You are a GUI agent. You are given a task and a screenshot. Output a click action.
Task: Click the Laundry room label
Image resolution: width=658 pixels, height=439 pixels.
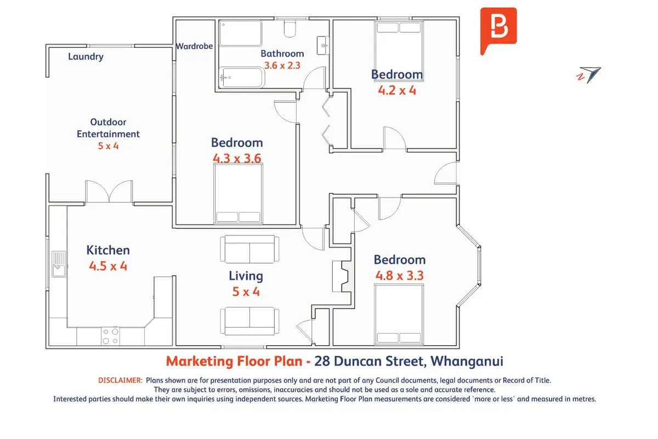click(86, 57)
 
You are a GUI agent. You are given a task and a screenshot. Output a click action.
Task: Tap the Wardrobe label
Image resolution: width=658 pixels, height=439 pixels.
click(194, 46)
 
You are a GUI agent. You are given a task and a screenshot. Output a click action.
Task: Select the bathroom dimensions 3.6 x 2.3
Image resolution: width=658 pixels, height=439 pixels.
click(282, 65)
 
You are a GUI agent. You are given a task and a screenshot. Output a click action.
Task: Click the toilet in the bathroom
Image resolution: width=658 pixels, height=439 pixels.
click(290, 29)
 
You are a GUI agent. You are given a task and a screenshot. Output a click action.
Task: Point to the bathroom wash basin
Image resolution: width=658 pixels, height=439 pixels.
click(322, 46)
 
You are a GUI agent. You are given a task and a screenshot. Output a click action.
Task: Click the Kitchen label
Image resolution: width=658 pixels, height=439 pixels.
click(108, 250)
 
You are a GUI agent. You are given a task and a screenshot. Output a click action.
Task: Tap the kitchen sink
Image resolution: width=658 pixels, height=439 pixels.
click(59, 264)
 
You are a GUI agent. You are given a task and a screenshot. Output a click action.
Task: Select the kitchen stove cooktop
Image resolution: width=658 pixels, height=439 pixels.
click(110, 336)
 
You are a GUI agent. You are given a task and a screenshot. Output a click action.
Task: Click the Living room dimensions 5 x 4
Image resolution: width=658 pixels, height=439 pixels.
click(246, 292)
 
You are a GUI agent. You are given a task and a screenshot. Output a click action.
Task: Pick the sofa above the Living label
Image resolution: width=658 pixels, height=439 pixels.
click(249, 249)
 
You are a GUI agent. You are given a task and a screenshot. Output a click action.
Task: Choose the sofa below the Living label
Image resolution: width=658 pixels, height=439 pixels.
click(249, 321)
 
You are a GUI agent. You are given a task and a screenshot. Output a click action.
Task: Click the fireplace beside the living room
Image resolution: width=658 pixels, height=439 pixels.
click(343, 277)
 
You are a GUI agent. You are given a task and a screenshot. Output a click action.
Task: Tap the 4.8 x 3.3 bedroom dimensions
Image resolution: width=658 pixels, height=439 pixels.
click(400, 275)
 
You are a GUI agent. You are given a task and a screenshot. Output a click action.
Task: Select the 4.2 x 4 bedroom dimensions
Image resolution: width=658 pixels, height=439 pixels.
click(397, 91)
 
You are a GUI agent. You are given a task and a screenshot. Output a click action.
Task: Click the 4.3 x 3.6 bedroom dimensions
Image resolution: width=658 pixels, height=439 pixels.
click(237, 159)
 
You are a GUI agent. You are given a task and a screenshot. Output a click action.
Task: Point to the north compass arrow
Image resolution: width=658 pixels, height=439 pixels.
click(589, 75)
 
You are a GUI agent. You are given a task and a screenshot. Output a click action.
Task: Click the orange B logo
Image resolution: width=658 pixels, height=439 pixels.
click(498, 31)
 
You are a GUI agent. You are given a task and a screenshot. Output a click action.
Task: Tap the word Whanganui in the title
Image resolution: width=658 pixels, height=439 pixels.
click(467, 362)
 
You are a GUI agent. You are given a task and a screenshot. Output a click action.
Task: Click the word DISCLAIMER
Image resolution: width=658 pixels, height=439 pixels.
click(121, 380)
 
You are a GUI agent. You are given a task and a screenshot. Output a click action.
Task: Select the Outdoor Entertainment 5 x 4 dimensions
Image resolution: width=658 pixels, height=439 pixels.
click(108, 146)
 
